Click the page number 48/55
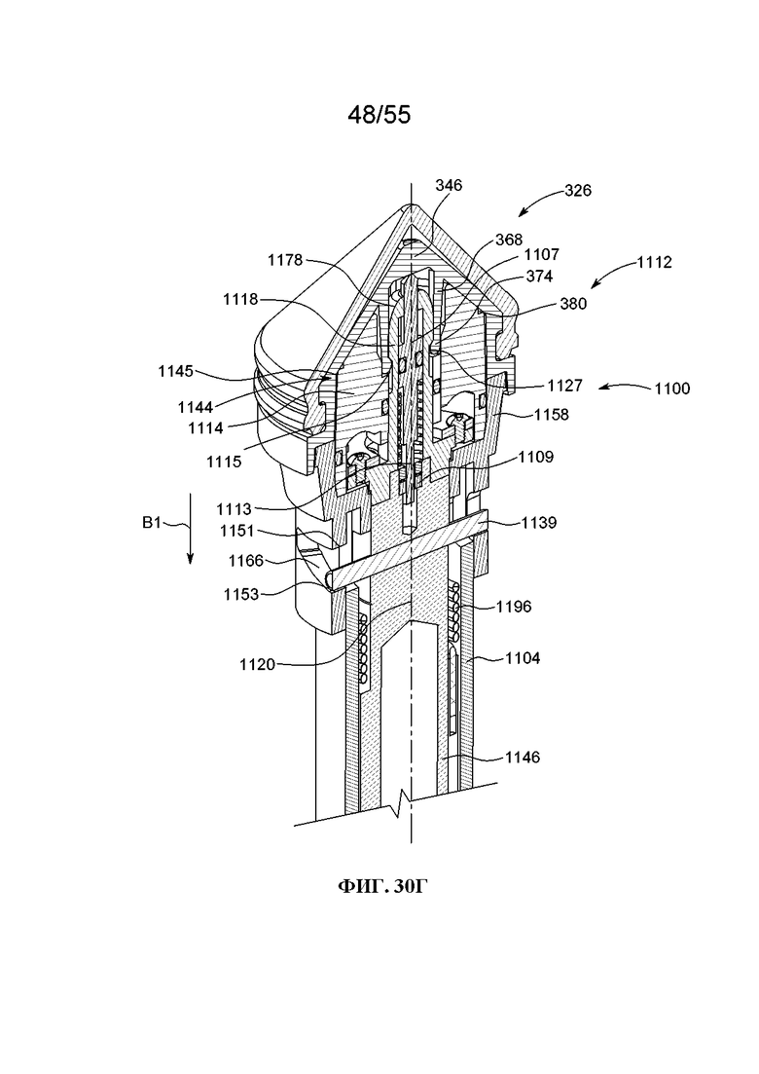pyautogui.click(x=379, y=115)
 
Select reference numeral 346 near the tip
pyautogui.click(x=449, y=186)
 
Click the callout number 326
pyautogui.click(x=578, y=191)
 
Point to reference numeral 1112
pyautogui.click(x=654, y=262)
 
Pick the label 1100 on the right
pyautogui.click(x=672, y=389)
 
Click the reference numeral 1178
pyautogui.click(x=285, y=260)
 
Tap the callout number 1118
pyautogui.click(x=240, y=299)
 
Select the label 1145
pyautogui.click(x=176, y=371)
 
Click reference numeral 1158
pyautogui.click(x=551, y=415)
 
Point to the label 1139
pyautogui.click(x=539, y=523)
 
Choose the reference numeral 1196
pyautogui.click(x=514, y=607)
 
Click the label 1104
pyautogui.click(x=523, y=658)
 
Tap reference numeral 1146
pyautogui.click(x=523, y=758)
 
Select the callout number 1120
pyautogui.click(x=257, y=664)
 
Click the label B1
pyautogui.click(x=151, y=523)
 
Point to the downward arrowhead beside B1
pyautogui.click(x=191, y=558)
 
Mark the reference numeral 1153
pyautogui.click(x=241, y=595)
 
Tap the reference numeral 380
pyautogui.click(x=573, y=304)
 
